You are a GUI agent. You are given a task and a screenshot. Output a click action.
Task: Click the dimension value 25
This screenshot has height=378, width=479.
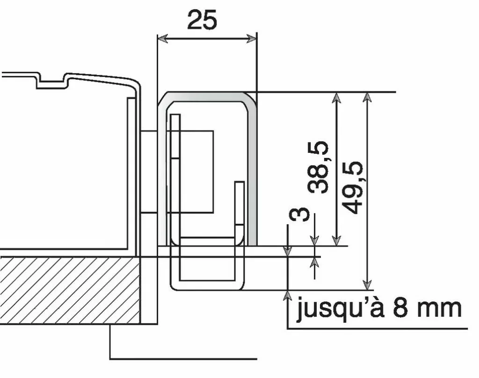(x=202, y=20)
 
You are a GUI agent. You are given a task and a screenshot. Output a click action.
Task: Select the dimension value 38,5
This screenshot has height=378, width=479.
(x=318, y=167)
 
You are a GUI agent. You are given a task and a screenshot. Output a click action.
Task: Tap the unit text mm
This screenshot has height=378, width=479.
(x=439, y=309)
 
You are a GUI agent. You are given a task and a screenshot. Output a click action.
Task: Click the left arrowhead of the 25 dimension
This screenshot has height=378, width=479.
(x=161, y=38)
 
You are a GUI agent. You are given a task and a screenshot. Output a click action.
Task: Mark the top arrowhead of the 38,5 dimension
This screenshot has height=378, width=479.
(x=336, y=97)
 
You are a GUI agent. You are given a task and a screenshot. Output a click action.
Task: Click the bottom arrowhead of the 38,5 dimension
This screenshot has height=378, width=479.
(x=336, y=241)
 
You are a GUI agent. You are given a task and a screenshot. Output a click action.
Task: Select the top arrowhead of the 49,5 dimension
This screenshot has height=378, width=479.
(x=368, y=97)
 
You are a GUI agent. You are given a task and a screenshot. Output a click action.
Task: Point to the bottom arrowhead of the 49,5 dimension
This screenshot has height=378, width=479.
(x=368, y=285)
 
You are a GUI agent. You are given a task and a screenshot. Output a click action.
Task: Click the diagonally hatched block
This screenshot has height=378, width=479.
(x=70, y=290)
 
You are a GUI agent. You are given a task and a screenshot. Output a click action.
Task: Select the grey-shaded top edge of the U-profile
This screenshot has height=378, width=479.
(x=206, y=96)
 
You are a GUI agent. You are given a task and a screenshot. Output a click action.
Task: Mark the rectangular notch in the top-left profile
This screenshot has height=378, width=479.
(x=51, y=81)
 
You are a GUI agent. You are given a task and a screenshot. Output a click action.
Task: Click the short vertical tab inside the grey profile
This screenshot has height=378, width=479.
(x=239, y=206)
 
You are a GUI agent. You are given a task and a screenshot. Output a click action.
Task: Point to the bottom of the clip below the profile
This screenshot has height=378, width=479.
(x=206, y=285)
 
